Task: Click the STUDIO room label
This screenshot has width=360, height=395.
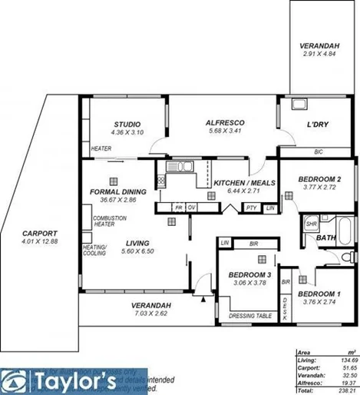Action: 127,124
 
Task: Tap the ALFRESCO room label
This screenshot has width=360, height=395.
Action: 225,122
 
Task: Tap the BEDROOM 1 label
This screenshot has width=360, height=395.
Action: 319,294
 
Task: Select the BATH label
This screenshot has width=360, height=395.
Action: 326,238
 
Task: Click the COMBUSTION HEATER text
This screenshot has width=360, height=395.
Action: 110,222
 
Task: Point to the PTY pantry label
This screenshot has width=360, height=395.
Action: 251,208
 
